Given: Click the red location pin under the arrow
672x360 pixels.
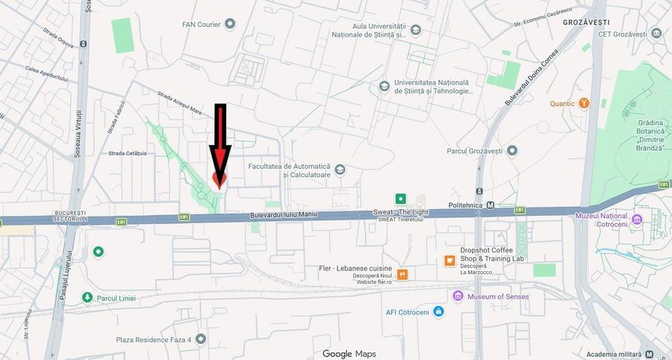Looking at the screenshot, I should [x=219, y=179].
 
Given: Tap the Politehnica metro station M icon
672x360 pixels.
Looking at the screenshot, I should [x=491, y=205].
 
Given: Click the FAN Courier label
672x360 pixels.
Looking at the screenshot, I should [x=202, y=24].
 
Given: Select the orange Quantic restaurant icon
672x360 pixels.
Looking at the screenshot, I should [x=585, y=103].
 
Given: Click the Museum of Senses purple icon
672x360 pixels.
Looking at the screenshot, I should [x=458, y=297].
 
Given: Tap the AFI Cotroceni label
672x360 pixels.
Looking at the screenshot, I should [x=408, y=312].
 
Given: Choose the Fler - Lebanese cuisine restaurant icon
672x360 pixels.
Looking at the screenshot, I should [x=403, y=274].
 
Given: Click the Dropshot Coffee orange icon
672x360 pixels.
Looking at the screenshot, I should [x=449, y=261].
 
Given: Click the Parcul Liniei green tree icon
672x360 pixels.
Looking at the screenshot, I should [x=87, y=298].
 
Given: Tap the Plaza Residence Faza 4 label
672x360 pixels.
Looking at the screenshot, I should [x=154, y=340].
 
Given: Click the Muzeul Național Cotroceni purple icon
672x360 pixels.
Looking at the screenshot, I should [x=637, y=219].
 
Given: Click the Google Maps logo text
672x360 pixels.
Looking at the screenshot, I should [x=349, y=353].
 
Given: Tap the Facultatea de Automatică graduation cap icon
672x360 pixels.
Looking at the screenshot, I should [x=340, y=170].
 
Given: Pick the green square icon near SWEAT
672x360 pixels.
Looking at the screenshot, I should [x=401, y=199].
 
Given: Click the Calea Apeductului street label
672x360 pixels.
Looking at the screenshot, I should [x=46, y=72].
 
